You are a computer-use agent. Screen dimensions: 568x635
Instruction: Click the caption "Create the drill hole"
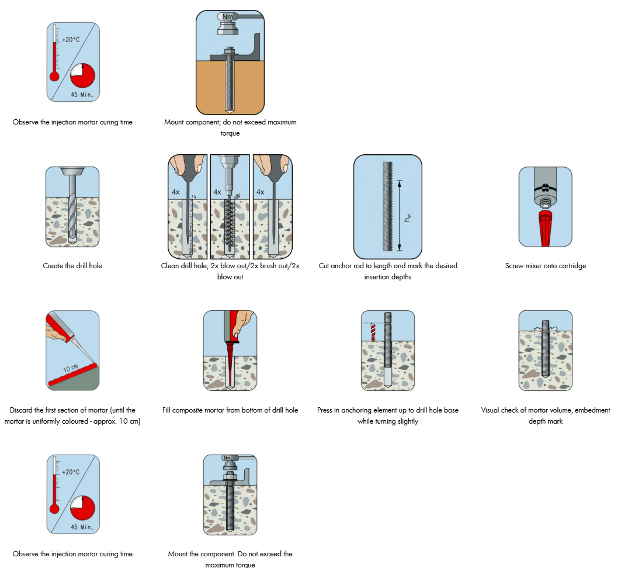pos(72,266)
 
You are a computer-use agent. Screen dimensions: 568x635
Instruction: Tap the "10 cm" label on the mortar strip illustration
pos(70,369)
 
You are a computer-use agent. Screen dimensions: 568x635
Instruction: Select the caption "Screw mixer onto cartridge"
pos(546,266)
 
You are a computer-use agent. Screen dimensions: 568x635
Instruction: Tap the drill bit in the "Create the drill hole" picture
pos(72,213)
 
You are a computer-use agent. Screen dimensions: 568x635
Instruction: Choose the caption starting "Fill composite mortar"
pos(230,410)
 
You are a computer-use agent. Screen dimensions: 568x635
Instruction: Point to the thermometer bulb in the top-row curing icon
pos(55,76)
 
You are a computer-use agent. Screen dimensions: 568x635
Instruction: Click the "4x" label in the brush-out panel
pos(217,192)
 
